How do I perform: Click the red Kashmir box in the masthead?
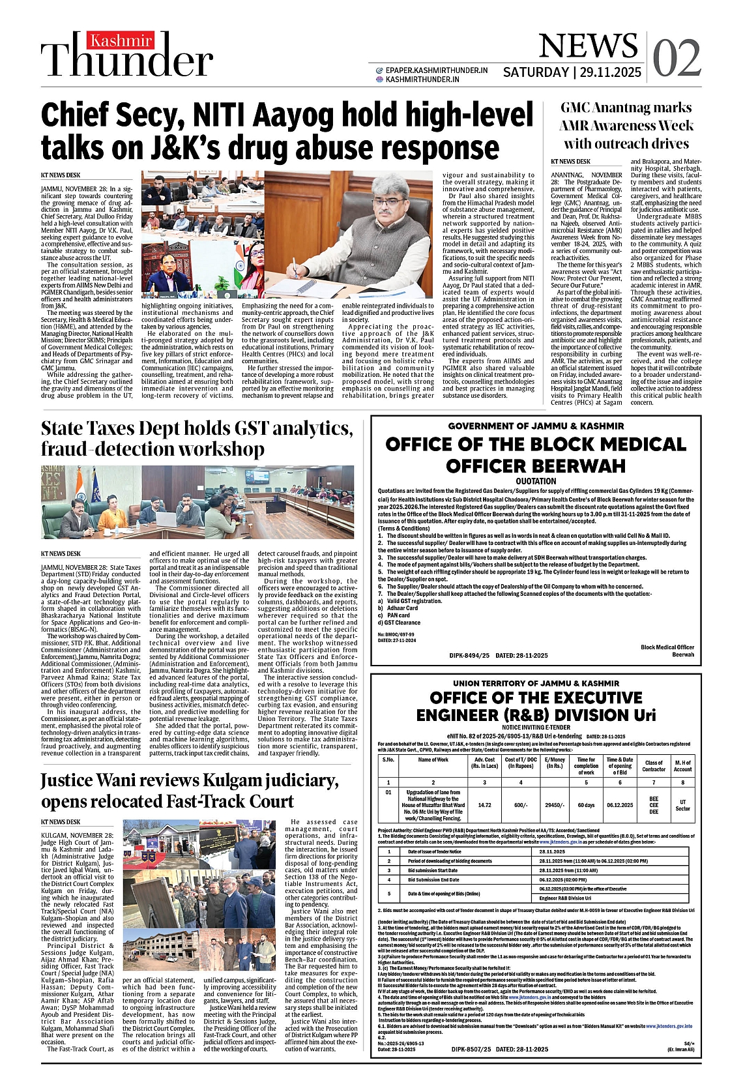coord(121,41)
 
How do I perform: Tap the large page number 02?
coord(677,57)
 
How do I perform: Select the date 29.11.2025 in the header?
coord(611,72)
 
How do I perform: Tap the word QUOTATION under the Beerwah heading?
coord(536,481)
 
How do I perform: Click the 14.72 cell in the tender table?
coord(484,805)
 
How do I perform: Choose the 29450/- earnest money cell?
coord(555,805)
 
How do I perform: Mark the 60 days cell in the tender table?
coord(586,805)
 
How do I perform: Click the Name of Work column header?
coord(433,759)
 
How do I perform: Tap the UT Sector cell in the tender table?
coord(682,805)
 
